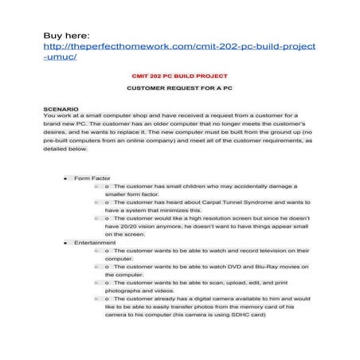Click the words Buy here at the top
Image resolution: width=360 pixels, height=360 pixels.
point(69,35)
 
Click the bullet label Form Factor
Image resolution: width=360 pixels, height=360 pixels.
point(92,178)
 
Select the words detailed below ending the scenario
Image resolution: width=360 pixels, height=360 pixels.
point(66,149)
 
